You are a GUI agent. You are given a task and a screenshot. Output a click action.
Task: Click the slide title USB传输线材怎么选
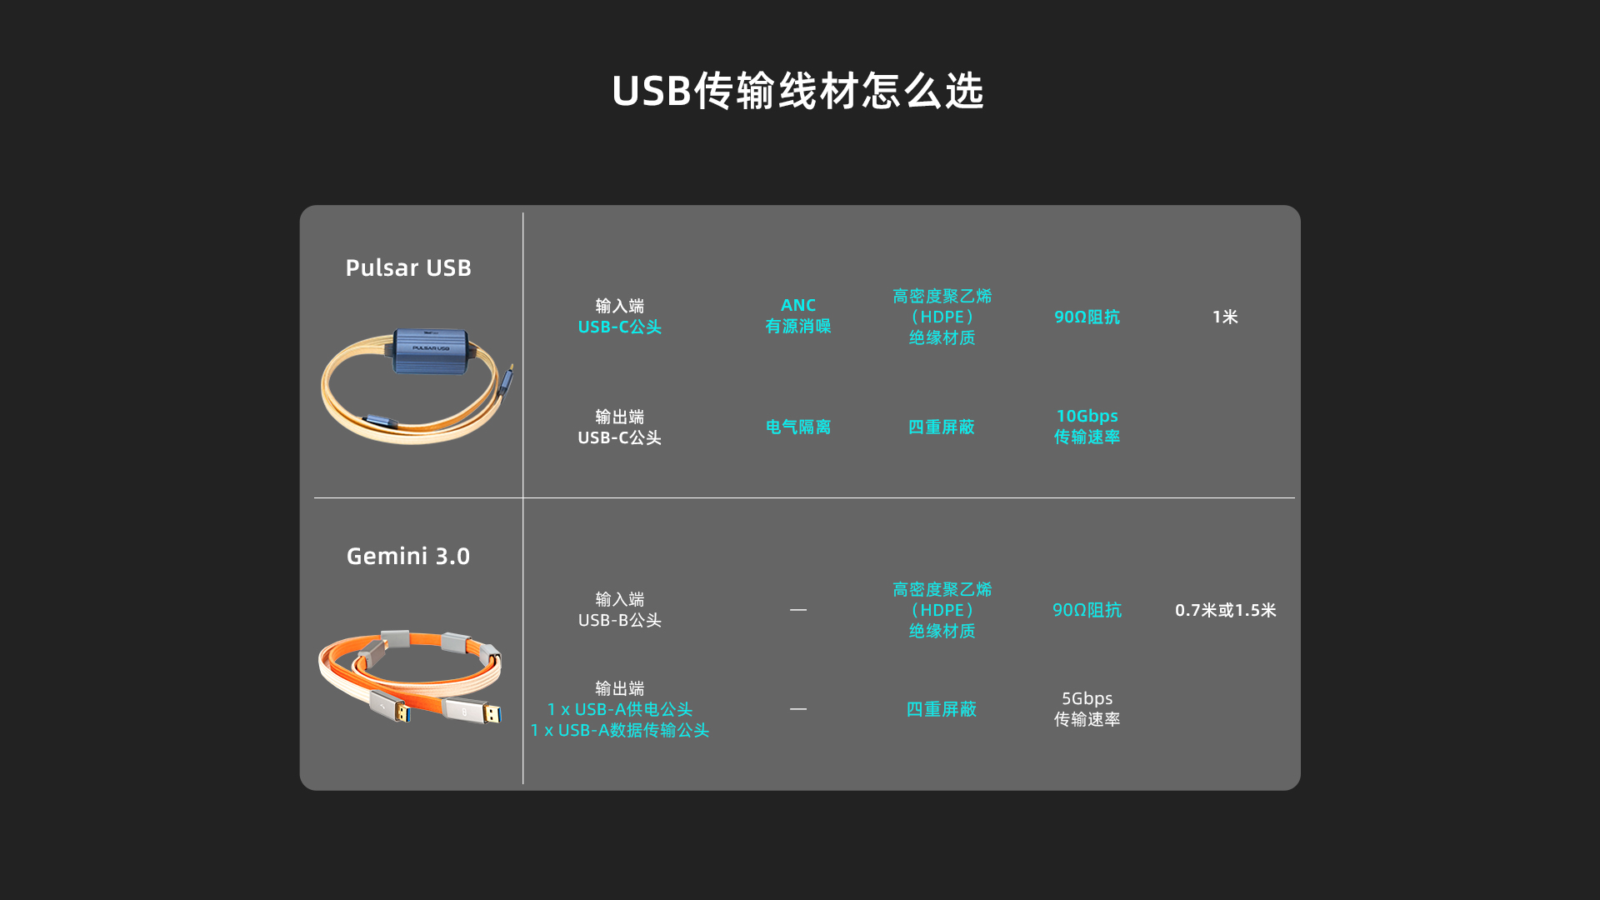[798, 91]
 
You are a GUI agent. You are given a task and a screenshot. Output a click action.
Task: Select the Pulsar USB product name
[408, 267]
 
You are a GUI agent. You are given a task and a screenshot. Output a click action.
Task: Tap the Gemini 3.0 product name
[408, 556]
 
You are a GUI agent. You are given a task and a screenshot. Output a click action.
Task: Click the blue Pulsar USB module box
[431, 350]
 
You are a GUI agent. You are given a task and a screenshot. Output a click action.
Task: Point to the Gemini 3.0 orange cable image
[411, 676]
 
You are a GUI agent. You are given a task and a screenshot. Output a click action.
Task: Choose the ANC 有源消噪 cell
[798, 316]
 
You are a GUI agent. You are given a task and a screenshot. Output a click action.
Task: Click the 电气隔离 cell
[798, 427]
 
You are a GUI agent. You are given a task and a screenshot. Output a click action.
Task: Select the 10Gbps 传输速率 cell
[1087, 426]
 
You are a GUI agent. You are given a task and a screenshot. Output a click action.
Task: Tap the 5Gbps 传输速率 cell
[1087, 708]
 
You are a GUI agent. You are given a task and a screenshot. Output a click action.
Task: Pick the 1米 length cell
[1225, 317]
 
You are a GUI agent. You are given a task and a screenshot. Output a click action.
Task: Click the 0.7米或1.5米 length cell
[1225, 610]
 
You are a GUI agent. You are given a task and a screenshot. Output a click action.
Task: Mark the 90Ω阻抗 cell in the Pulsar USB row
[1087, 317]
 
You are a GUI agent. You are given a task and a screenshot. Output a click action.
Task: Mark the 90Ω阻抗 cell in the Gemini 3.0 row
[1087, 610]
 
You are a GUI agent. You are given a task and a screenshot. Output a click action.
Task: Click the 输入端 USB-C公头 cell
[620, 316]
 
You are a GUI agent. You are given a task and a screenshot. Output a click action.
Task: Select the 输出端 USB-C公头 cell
[620, 427]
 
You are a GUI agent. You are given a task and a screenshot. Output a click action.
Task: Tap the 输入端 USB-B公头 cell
[620, 609]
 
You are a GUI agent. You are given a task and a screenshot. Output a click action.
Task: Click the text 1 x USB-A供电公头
[620, 709]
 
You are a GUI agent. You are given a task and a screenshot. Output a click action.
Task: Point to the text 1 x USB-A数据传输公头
[620, 730]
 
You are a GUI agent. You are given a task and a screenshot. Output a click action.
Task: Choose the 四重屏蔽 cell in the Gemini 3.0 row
[942, 709]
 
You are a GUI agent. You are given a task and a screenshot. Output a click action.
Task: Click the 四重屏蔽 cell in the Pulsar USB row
[942, 427]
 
